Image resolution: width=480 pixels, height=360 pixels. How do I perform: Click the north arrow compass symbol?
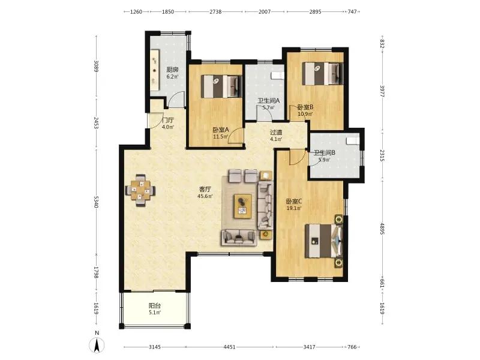pos(97,346)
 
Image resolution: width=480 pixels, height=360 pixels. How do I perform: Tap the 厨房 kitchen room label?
pos(172,70)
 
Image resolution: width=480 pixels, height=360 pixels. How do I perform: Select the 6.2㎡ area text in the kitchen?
pos(172,77)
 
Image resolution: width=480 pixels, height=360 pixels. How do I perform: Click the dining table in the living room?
pos(140,191)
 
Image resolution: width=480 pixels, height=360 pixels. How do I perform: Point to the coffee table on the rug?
pos(243,206)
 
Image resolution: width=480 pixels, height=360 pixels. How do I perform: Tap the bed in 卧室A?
pos(221,86)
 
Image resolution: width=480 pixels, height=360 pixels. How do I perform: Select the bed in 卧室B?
pos(322,73)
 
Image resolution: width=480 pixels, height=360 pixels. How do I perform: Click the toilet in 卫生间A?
pos(278,76)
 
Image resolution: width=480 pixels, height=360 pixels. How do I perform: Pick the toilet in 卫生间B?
pos(352,140)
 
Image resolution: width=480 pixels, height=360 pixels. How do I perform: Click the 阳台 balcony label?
pos(155,305)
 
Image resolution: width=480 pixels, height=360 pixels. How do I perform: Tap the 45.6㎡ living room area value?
pos(205,196)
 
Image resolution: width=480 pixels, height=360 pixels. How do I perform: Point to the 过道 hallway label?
pos(275,132)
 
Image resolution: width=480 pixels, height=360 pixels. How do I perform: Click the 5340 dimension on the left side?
pos(96,202)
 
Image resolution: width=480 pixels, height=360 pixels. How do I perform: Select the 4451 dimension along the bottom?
pos(229,347)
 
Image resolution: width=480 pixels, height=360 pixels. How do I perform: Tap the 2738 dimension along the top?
pos(215,11)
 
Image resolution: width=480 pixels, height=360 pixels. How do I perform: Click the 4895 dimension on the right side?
pos(382,228)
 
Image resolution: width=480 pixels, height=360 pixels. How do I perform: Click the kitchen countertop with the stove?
pos(155,70)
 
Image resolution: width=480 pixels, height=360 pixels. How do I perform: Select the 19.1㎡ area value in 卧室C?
pos(293,208)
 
